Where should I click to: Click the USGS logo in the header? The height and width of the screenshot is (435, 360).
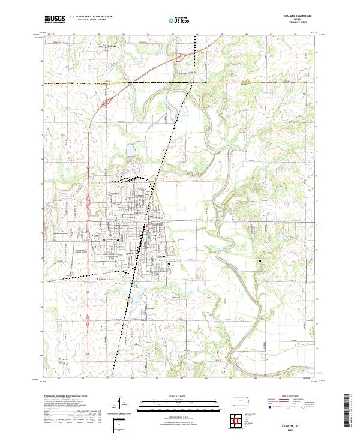point(55,20)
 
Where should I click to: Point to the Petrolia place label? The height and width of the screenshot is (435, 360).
point(112,46)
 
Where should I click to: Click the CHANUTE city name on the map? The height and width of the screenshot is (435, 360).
point(135,253)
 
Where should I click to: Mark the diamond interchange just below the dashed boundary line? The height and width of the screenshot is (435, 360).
point(104,103)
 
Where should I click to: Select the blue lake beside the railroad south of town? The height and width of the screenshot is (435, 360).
point(136,296)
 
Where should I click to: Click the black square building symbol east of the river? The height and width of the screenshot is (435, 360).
point(260,262)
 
